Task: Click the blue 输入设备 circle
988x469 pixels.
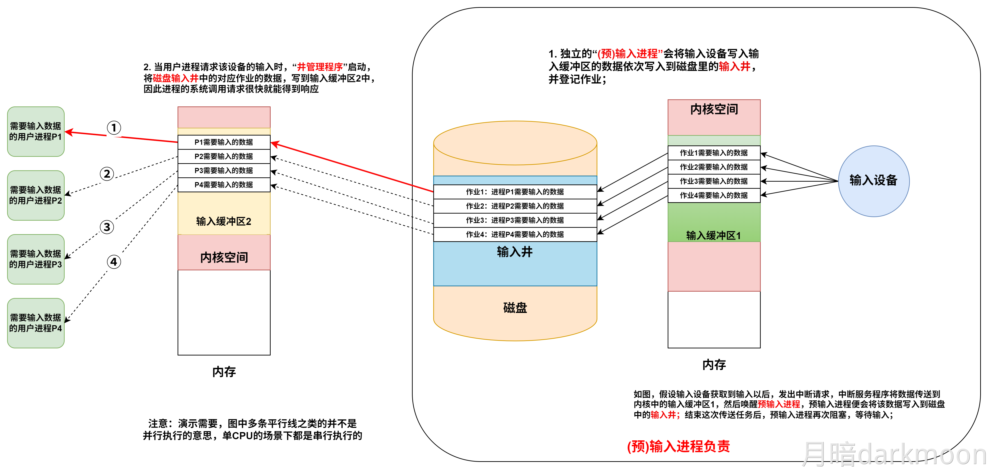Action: pyautogui.click(x=873, y=181)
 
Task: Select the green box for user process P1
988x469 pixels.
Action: pyautogui.click(x=36, y=131)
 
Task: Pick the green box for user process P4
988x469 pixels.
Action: pyautogui.click(x=36, y=323)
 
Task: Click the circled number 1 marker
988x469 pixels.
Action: pyautogui.click(x=114, y=127)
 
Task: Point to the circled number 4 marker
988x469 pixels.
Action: pyautogui.click(x=114, y=262)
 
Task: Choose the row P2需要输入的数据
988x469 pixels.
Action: pyautogui.click(x=224, y=156)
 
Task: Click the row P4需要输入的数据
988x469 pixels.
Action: pyautogui.click(x=224, y=185)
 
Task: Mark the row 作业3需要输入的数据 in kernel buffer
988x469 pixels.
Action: pyautogui.click(x=714, y=181)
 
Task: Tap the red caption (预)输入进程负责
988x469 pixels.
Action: pyautogui.click(x=678, y=446)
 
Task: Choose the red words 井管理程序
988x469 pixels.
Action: pyautogui.click(x=320, y=67)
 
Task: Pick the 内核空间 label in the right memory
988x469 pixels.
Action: pyautogui.click(x=714, y=110)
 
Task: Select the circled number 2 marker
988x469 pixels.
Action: pyautogui.click(x=107, y=174)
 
